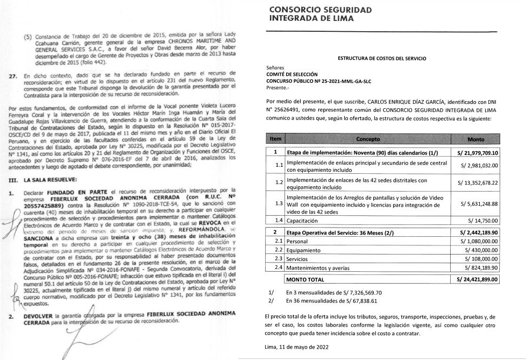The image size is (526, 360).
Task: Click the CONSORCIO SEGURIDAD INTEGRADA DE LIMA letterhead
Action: tap(319, 15)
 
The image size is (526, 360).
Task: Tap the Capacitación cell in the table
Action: tap(305, 221)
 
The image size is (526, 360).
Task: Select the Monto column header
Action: tap(476, 139)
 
